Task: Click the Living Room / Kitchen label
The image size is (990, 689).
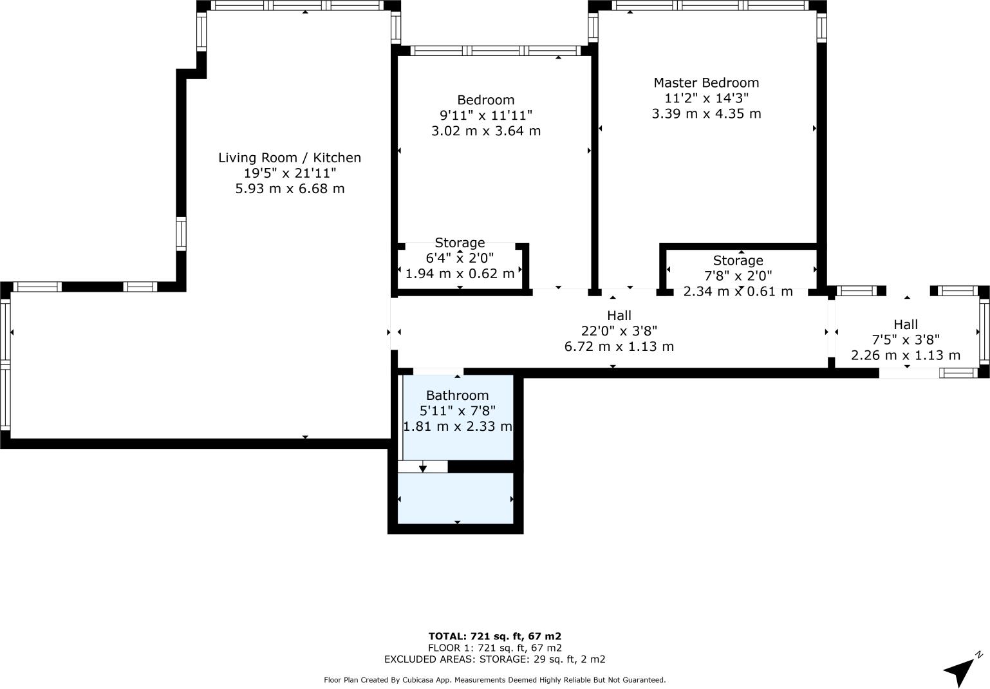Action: pyautogui.click(x=290, y=158)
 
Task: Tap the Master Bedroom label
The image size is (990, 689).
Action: pyautogui.click(x=706, y=82)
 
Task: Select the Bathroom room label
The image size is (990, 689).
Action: pyautogui.click(x=458, y=395)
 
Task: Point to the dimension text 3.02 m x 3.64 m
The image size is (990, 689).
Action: pyautogui.click(x=486, y=131)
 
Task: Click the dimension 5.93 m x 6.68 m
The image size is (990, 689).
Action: pyautogui.click(x=290, y=189)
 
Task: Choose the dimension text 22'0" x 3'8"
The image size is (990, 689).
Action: pyautogui.click(x=619, y=331)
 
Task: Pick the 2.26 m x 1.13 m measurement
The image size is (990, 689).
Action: pyautogui.click(x=906, y=355)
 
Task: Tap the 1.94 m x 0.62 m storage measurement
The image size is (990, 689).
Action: pyautogui.click(x=460, y=274)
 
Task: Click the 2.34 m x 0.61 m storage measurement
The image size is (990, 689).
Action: pyautogui.click(x=738, y=292)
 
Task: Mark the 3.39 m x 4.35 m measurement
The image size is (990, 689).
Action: pyautogui.click(x=706, y=114)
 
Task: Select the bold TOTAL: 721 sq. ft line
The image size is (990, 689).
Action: pyautogui.click(x=494, y=636)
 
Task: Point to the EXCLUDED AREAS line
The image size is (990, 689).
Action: pyautogui.click(x=494, y=659)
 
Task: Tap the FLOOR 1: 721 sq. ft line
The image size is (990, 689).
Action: pyautogui.click(x=494, y=648)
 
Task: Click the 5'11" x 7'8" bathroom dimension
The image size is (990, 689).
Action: pyautogui.click(x=458, y=411)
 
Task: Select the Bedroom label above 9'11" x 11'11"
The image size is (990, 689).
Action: pyautogui.click(x=486, y=100)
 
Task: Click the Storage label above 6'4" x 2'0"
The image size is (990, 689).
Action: pyautogui.click(x=460, y=243)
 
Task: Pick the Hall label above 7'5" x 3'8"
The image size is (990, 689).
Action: pyautogui.click(x=906, y=325)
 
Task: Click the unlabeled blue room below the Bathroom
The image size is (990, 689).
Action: pyautogui.click(x=455, y=498)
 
